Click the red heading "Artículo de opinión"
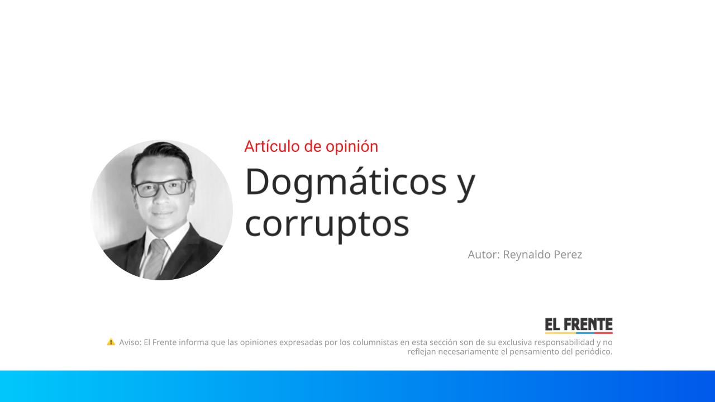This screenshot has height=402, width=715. click(x=311, y=146)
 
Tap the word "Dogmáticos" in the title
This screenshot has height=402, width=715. click(x=346, y=182)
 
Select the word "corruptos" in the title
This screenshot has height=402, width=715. click(x=327, y=223)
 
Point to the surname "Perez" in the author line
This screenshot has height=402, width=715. click(x=568, y=255)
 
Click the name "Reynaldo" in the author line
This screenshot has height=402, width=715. click(x=527, y=255)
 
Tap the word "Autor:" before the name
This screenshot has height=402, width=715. click(x=484, y=255)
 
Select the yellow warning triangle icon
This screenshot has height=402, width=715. click(x=111, y=342)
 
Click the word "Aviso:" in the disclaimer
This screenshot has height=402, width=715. click(x=130, y=342)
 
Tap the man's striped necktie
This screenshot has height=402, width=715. click(x=156, y=257)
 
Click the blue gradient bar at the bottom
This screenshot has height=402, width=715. click(x=357, y=386)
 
